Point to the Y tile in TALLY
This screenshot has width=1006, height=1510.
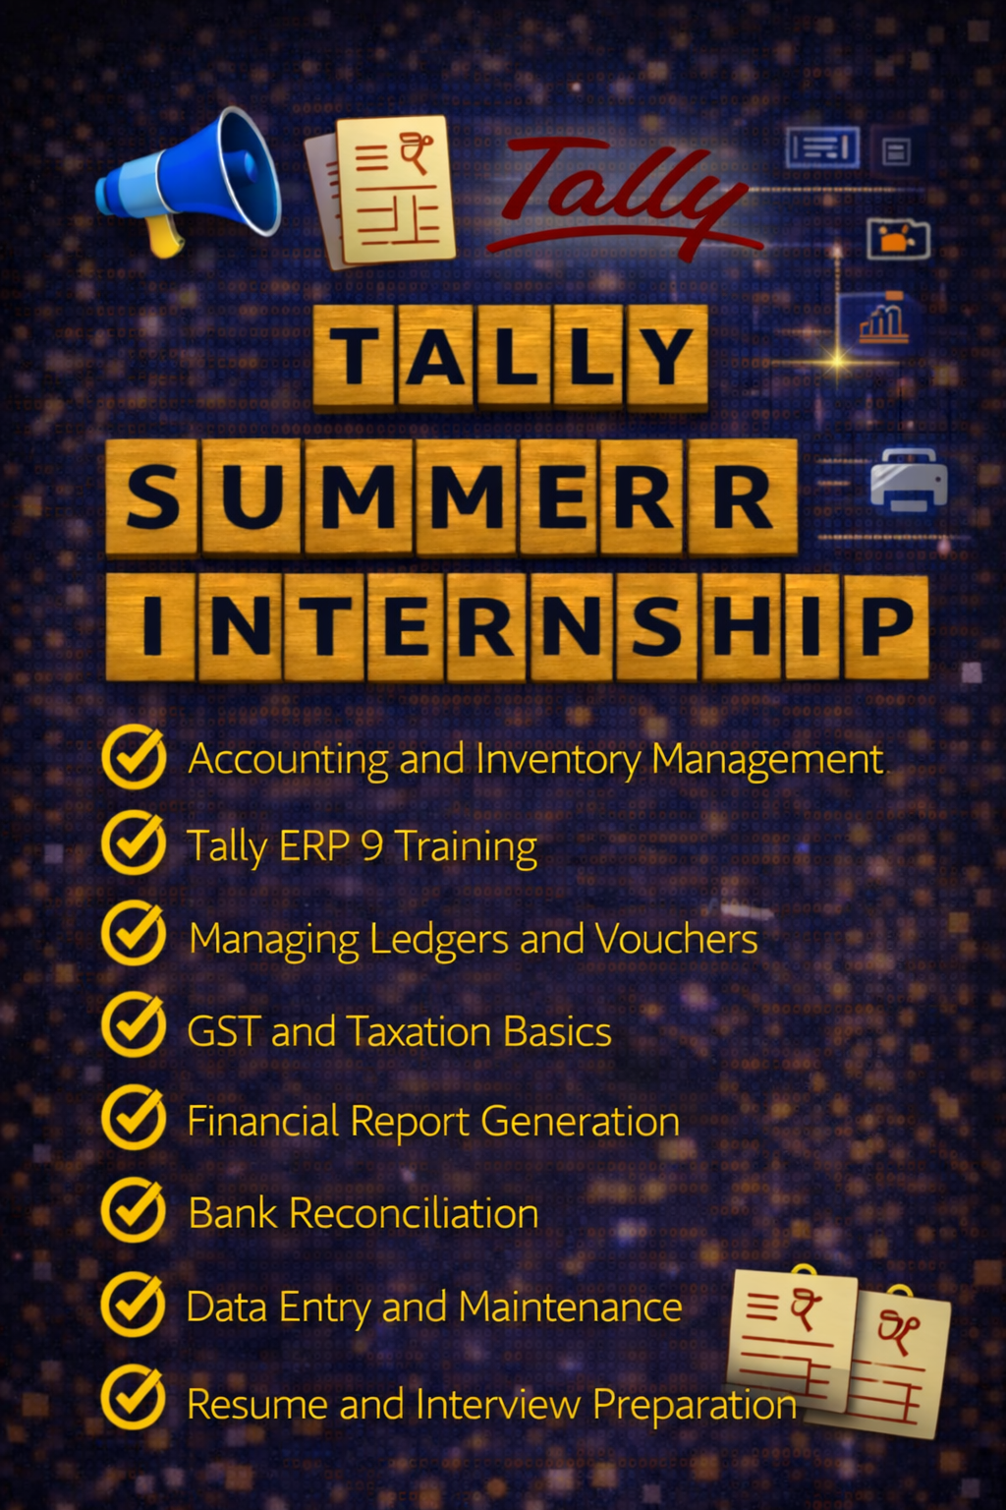(667, 356)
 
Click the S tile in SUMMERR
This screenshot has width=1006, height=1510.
(152, 496)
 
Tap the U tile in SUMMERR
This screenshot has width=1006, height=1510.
(251, 496)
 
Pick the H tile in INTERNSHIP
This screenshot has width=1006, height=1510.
(743, 627)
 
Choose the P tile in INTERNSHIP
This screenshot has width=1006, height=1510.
(885, 627)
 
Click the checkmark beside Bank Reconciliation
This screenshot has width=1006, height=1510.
(134, 1211)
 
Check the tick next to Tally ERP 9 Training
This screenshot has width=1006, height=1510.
(134, 842)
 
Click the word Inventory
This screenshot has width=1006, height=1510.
(558, 760)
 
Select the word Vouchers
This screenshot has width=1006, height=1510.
(677, 940)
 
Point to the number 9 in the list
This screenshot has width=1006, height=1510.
(371, 845)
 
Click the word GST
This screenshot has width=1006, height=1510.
(223, 1032)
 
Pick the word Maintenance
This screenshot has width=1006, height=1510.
(570, 1307)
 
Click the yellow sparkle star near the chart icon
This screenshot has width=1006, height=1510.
(837, 361)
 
